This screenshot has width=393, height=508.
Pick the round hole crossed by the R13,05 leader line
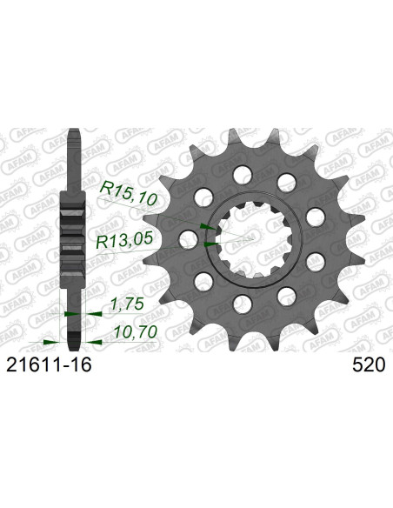pos(186,237)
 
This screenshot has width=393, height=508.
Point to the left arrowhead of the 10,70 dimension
pos(53,342)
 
